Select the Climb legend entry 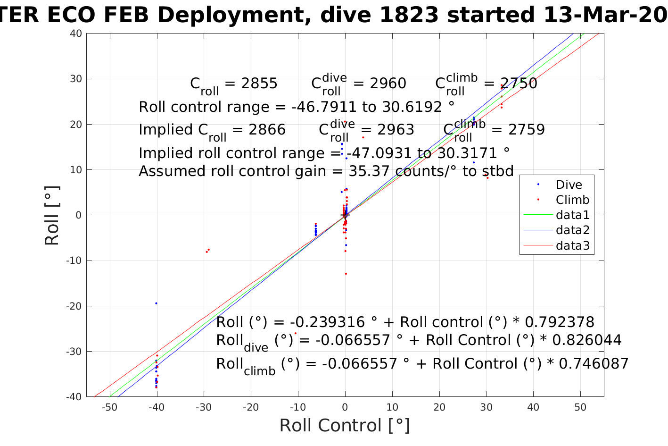tap(572, 200)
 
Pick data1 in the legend tap(572, 215)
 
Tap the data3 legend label tap(572, 245)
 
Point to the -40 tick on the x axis tap(157, 407)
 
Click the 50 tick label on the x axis tap(580, 407)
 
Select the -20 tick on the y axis tap(74, 306)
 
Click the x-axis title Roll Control tap(345, 425)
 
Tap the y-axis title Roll tap(52, 216)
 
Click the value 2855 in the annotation tap(259, 84)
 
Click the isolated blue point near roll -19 tap(156, 303)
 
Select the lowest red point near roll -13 tap(346, 274)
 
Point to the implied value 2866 tap(267, 130)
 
